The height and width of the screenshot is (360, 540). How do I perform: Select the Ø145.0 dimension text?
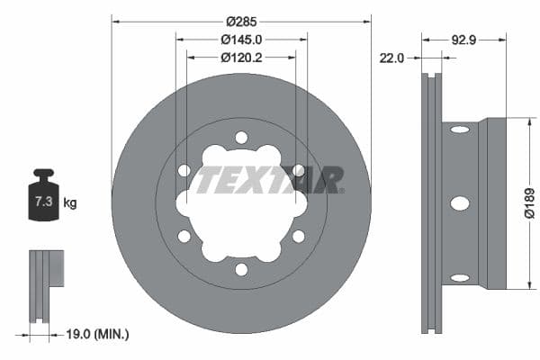(241, 40)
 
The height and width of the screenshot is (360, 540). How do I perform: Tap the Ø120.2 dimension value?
(241, 58)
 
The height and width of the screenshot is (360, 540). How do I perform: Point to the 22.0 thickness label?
(391, 58)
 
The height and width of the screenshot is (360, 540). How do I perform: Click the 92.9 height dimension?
(463, 40)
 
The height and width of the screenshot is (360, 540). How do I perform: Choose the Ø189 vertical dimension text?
(529, 203)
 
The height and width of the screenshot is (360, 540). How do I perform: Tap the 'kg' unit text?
(69, 203)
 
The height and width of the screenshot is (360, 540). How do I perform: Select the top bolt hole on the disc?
(241, 137)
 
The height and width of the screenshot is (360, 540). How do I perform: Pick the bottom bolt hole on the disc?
(241, 269)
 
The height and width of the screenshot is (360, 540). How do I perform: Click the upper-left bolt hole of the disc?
(184, 170)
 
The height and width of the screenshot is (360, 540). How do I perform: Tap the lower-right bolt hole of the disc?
(298, 236)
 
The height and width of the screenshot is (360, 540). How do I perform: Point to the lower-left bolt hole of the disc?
(184, 236)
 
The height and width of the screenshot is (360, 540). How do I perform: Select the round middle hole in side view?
(459, 203)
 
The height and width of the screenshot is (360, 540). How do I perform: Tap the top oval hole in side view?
(459, 130)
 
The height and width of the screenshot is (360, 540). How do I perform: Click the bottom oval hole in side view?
(459, 277)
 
